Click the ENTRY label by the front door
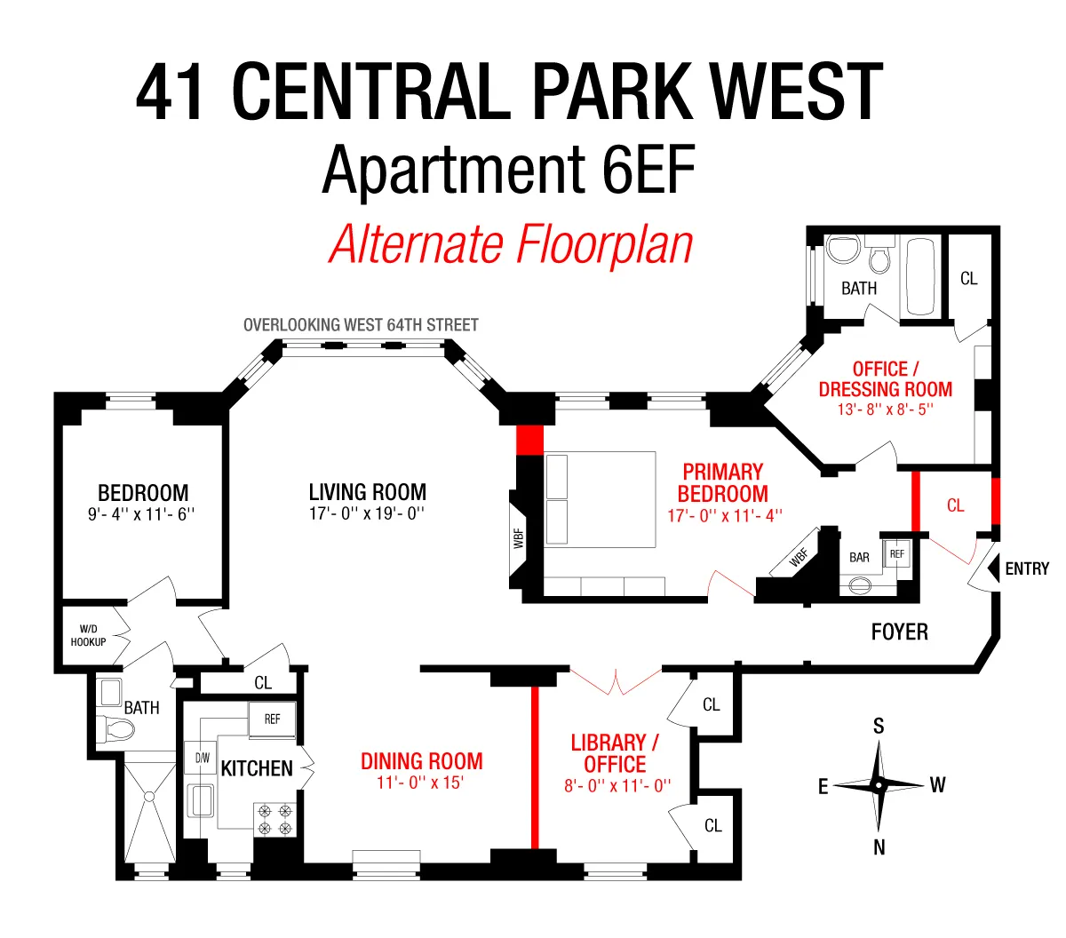(x=1026, y=568)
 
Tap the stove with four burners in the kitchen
(x=274, y=819)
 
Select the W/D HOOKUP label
(x=88, y=635)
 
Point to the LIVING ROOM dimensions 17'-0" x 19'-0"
(x=367, y=513)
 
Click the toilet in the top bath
(x=879, y=258)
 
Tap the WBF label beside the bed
(x=519, y=537)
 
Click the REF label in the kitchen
(x=272, y=719)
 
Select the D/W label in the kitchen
(x=203, y=758)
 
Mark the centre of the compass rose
(x=878, y=785)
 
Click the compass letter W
(x=937, y=785)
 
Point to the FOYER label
(x=899, y=632)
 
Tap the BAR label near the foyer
(x=859, y=558)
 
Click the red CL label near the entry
(x=955, y=505)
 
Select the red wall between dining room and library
(x=535, y=767)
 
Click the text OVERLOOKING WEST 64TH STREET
(x=361, y=325)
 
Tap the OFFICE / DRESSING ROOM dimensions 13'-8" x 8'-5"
(x=885, y=409)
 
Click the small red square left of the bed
(x=529, y=440)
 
